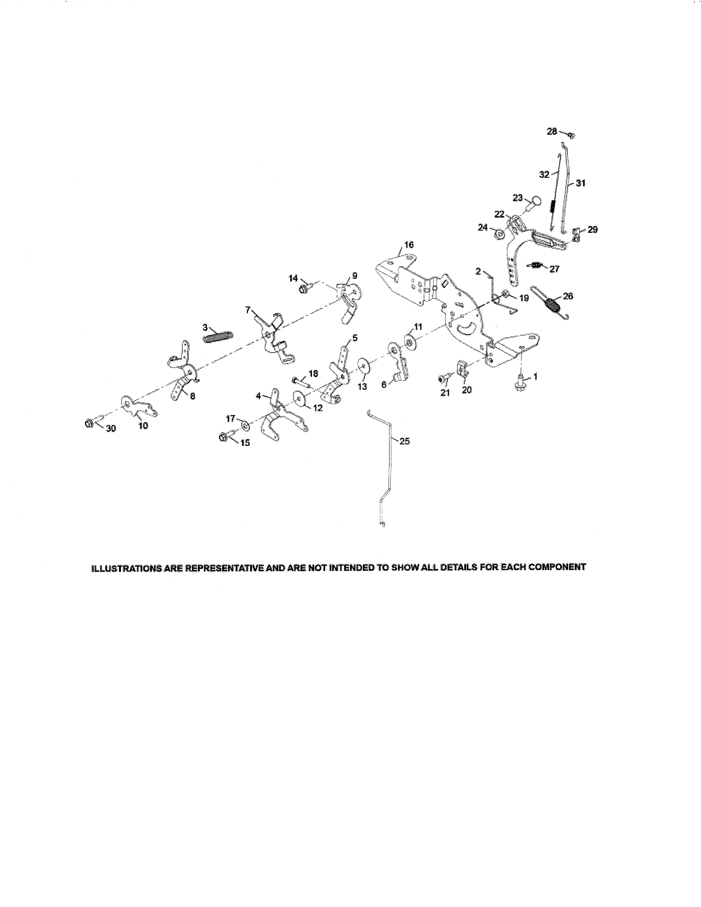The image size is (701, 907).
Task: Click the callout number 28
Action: [x=551, y=131]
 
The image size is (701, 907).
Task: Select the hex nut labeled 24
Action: [x=500, y=235]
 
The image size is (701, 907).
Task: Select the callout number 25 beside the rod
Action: [x=404, y=441]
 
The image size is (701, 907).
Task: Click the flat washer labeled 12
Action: [x=299, y=398]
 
